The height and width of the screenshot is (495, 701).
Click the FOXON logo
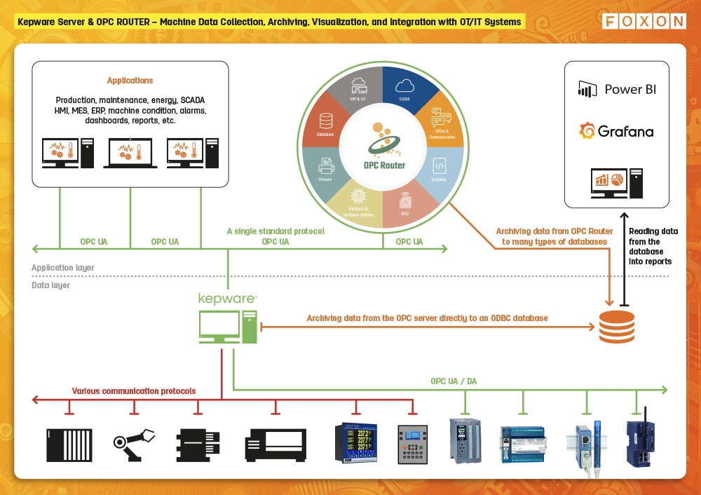[644, 21]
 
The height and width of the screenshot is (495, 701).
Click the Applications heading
[130, 81]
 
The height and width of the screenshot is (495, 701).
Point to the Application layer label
[63, 268]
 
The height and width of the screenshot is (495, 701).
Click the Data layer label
[51, 285]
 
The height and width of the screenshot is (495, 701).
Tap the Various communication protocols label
[134, 391]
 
